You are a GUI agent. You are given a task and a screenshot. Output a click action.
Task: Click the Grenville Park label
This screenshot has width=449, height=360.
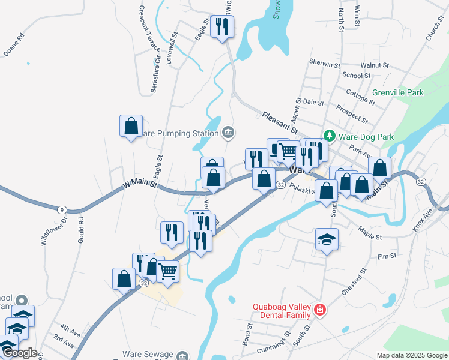click(397, 92)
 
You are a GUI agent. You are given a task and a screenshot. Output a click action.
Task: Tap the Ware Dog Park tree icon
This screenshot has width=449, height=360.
click(329, 136)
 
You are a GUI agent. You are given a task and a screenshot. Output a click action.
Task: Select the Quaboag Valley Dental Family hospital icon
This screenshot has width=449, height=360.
click(321, 310)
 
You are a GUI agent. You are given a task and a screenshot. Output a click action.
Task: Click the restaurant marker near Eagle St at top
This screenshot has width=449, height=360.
click(223, 26)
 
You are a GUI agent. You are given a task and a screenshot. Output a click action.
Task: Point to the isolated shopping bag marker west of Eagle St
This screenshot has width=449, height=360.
click(131, 126)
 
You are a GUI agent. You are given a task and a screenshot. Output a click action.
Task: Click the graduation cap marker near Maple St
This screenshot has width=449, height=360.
click(327, 239)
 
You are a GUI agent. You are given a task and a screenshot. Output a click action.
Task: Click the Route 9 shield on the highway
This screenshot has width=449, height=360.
click(61, 209)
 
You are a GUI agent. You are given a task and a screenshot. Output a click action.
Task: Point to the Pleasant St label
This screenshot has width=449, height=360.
click(280, 122)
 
